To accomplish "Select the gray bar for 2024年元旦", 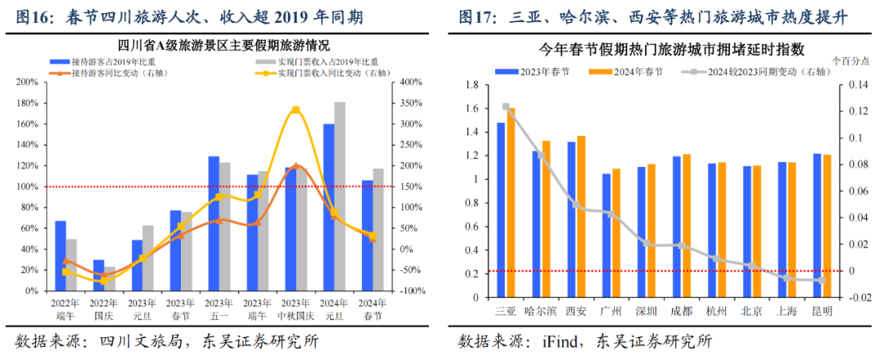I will [x=340, y=196].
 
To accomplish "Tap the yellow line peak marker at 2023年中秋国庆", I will [x=295, y=110].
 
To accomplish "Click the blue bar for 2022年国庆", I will [x=98, y=275].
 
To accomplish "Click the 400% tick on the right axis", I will [x=409, y=82].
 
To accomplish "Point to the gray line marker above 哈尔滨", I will [x=540, y=155].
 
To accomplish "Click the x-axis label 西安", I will [x=576, y=311].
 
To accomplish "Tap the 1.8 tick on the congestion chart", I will [x=471, y=85].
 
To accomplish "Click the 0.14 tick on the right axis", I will [x=852, y=85].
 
